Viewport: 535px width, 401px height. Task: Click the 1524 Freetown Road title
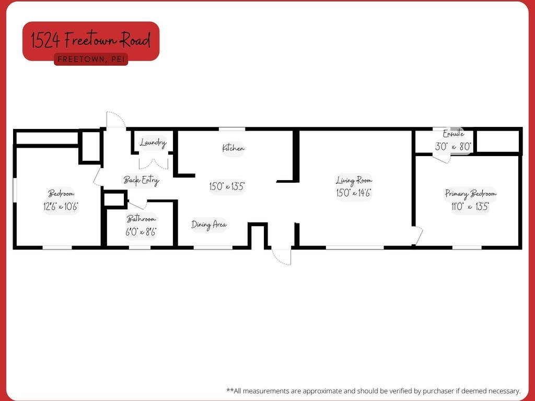click(x=91, y=40)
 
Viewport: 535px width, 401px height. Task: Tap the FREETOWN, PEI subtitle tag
click(x=91, y=60)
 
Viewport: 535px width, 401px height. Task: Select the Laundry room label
click(x=153, y=143)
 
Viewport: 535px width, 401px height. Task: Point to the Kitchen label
click(x=234, y=148)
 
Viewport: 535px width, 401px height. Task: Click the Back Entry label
click(x=141, y=180)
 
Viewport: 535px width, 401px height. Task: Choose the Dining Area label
click(x=209, y=225)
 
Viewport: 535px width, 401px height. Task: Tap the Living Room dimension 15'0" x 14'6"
click(x=354, y=193)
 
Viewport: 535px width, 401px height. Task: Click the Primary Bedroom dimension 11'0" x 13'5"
click(x=470, y=206)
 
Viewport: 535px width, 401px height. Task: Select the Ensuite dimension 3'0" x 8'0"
click(x=453, y=147)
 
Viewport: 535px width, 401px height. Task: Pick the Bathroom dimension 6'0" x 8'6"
click(x=141, y=232)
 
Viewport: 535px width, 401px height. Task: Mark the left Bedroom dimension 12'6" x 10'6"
click(x=61, y=206)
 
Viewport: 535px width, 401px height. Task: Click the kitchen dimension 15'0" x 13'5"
click(x=227, y=186)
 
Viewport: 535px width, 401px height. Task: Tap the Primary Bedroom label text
click(x=471, y=194)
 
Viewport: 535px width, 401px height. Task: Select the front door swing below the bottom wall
click(x=282, y=257)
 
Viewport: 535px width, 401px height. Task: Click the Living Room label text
click(x=354, y=180)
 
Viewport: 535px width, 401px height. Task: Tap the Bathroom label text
click(x=141, y=219)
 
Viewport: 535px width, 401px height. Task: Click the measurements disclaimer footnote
click(x=373, y=391)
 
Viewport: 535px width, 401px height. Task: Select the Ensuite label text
click(x=453, y=134)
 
